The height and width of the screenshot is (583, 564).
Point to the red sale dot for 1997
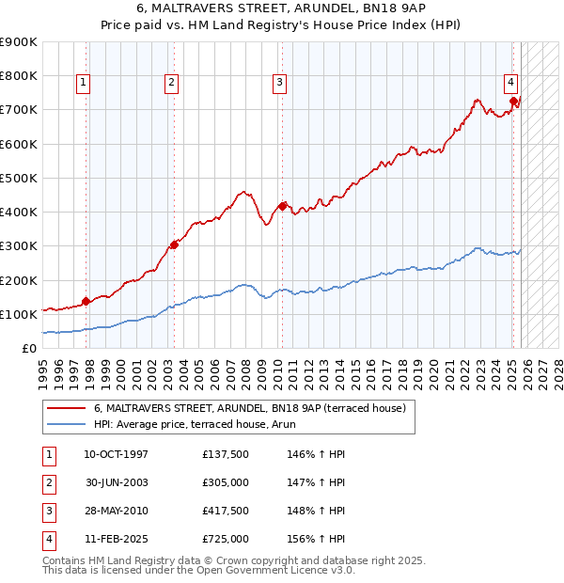coord(86,301)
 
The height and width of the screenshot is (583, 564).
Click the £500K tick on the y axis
coord(19,178)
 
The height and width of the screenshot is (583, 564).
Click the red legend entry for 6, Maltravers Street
coord(249,408)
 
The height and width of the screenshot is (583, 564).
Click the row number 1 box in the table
coord(48,454)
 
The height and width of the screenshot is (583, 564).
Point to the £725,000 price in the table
coord(225,539)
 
